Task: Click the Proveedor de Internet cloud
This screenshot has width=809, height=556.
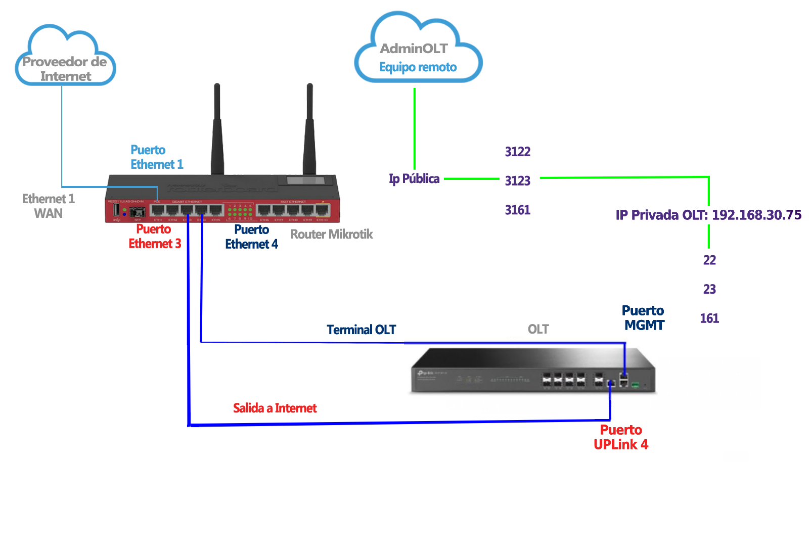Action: [65, 58]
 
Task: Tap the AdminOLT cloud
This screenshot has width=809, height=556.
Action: [418, 51]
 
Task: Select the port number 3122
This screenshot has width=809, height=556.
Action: [517, 152]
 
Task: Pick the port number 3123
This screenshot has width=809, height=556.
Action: [517, 181]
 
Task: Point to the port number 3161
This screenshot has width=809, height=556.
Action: [517, 210]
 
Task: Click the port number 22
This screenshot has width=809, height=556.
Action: [709, 260]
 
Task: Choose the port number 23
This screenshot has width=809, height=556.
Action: [709, 289]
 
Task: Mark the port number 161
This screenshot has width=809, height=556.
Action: [709, 318]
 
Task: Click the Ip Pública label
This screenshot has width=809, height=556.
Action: [414, 179]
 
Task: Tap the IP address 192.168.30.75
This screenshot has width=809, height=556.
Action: [756, 215]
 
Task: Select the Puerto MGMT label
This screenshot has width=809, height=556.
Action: [643, 318]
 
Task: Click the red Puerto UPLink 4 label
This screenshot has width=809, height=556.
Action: [621, 437]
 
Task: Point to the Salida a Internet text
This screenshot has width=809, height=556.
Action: [275, 408]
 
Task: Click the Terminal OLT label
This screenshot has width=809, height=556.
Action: [361, 330]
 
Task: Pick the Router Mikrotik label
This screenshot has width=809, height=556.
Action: [332, 235]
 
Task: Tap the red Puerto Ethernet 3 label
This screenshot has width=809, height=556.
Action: [154, 237]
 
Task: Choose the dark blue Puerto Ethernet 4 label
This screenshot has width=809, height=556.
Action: [251, 237]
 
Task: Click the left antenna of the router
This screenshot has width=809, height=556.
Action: [217, 131]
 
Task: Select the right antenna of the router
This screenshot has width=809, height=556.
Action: [309, 131]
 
